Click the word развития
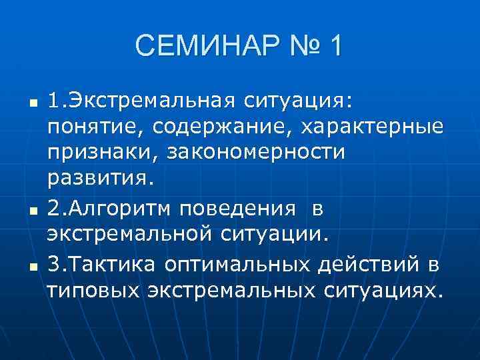click(100, 179)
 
